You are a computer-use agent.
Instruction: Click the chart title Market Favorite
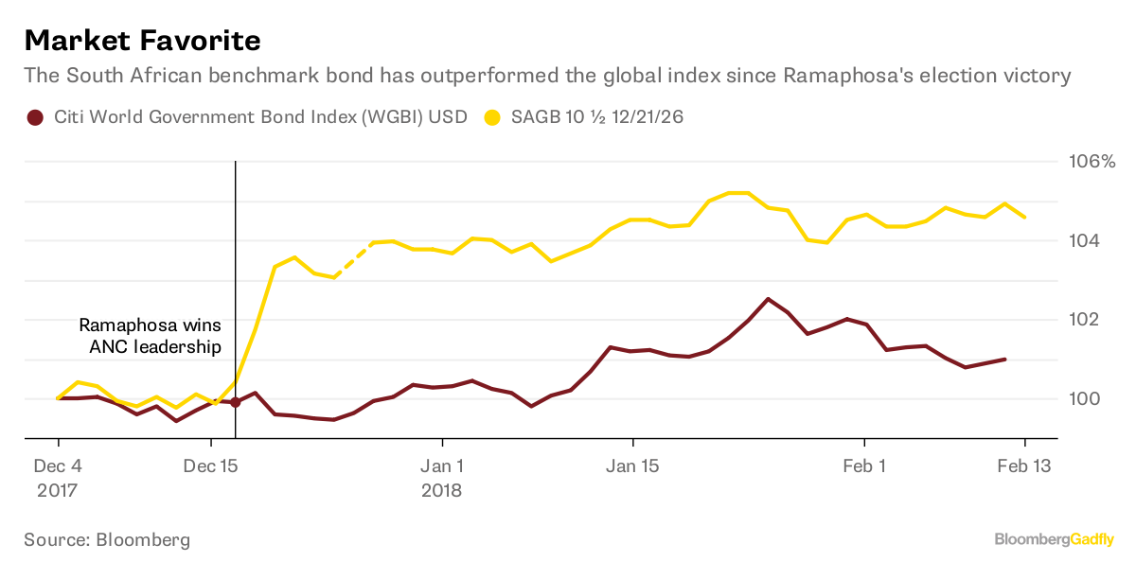(142, 41)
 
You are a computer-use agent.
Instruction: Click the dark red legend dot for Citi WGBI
(36, 118)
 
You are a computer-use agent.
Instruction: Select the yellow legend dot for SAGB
(491, 118)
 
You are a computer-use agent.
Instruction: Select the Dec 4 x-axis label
(59, 465)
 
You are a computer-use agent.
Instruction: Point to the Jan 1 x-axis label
(442, 465)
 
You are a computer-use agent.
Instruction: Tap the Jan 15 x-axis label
(632, 465)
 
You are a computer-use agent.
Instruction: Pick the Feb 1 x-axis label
(864, 465)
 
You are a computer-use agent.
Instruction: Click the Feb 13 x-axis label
(1025, 465)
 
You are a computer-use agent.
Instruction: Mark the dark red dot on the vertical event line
(235, 402)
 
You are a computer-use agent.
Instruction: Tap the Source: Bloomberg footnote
(107, 539)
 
